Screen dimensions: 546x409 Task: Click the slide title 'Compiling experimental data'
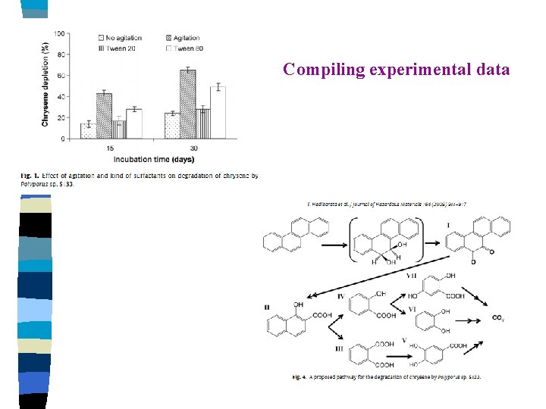click(396, 70)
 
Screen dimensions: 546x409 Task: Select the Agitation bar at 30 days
click(188, 104)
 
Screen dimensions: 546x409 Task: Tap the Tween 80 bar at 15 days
click(134, 123)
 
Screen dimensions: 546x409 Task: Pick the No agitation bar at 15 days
click(88, 131)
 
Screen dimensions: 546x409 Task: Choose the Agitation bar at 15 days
click(104, 116)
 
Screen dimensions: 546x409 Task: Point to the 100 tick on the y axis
click(59, 34)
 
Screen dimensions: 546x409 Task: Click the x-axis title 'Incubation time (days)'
click(154, 159)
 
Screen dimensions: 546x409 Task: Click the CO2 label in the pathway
click(498, 318)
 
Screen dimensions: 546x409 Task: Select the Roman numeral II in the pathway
click(267, 308)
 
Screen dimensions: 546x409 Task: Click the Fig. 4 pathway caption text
click(387, 377)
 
